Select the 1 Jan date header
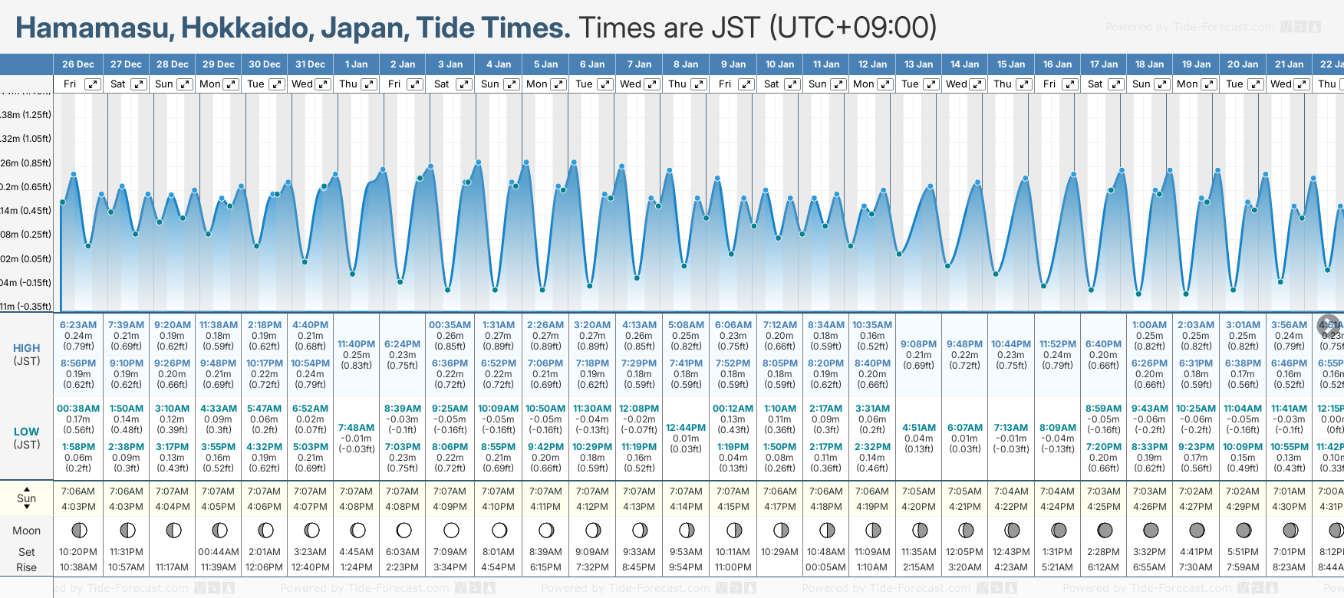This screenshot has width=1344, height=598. (356, 64)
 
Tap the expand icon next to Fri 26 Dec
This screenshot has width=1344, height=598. (93, 84)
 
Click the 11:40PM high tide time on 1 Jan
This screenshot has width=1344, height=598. (356, 344)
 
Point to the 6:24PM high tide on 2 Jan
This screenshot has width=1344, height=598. (403, 344)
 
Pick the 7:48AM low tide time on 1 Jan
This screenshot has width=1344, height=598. (356, 428)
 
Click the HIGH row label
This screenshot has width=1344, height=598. (27, 348)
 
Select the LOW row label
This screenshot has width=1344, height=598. (27, 432)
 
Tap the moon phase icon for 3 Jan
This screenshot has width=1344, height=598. (451, 531)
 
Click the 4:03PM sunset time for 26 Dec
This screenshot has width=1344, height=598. (78, 507)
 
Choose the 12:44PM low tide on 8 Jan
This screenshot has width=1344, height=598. (686, 428)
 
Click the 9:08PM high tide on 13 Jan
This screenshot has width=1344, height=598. (918, 344)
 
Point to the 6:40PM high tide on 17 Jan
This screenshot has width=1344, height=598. (1103, 344)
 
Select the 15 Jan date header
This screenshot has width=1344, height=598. (1011, 64)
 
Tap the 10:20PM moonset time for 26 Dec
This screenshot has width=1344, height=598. (78, 552)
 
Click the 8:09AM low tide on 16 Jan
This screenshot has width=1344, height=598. (1058, 428)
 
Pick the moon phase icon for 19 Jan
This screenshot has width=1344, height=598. (1197, 531)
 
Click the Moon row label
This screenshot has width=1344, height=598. (27, 531)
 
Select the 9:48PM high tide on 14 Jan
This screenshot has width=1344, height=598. (964, 344)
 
